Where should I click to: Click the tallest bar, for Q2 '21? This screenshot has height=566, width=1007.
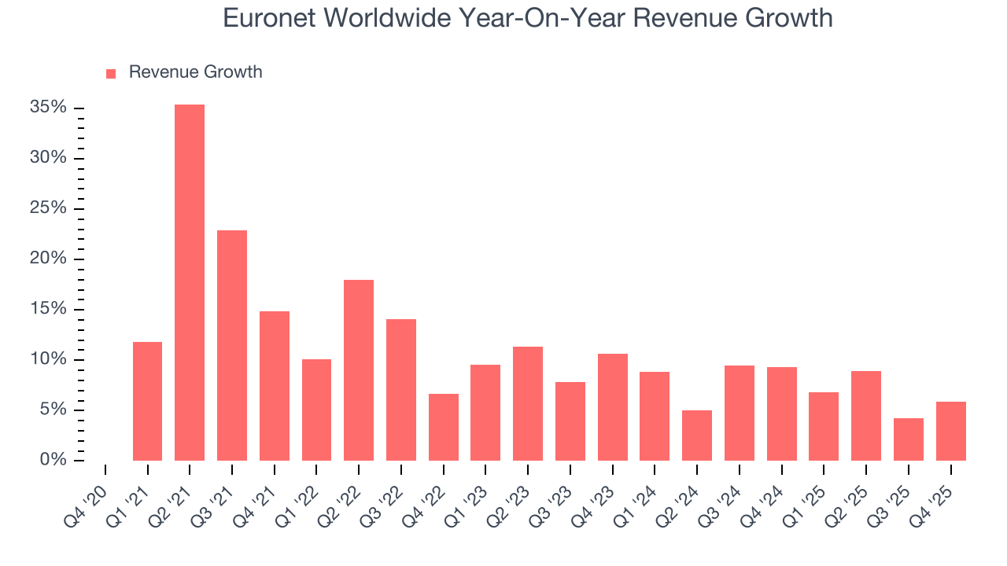tap(190, 282)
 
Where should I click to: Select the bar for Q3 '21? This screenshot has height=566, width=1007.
tap(232, 345)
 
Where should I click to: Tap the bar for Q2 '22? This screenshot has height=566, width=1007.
tap(359, 369)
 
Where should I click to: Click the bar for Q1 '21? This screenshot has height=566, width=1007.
tap(147, 401)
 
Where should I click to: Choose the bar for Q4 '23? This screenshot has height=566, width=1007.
tap(612, 406)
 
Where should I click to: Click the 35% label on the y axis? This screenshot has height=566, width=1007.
tap(48, 108)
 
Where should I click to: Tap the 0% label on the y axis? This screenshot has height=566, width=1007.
tap(53, 460)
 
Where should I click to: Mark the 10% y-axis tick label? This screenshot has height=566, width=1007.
tap(48, 359)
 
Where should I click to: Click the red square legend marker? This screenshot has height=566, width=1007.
tap(111, 73)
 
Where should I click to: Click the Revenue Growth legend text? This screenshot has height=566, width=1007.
tap(195, 72)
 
